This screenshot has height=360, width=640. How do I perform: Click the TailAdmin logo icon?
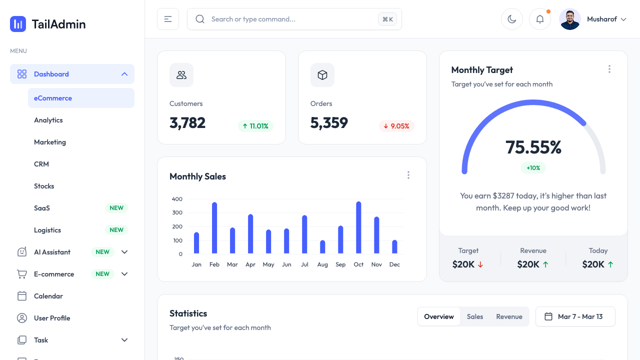tap(18, 24)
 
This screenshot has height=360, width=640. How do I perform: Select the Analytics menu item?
tap(48, 120)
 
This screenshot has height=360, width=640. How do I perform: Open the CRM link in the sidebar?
tap(41, 164)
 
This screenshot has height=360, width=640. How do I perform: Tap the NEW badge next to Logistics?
tap(116, 230)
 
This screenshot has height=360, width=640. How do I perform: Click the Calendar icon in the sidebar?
tap(22, 296)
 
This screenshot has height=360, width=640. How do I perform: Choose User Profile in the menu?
tap(52, 318)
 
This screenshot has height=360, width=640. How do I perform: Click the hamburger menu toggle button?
tap(168, 19)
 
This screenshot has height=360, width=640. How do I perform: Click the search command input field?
tap(290, 19)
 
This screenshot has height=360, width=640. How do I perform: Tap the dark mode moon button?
tap(511, 19)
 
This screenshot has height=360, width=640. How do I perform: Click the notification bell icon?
tap(540, 19)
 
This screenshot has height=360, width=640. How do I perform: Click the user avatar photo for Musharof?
tap(570, 19)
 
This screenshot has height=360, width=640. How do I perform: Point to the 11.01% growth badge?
tap(255, 126)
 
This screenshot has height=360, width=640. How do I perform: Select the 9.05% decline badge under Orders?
tap(396, 126)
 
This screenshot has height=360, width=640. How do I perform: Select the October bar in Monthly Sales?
tap(358, 228)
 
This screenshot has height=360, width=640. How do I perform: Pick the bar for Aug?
tap(322, 247)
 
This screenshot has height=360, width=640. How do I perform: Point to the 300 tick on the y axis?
tap(177, 212)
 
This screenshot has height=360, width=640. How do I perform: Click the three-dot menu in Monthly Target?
tap(609, 69)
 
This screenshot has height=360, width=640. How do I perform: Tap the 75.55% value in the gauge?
tap(533, 147)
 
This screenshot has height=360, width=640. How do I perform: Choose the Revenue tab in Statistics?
tap(509, 316)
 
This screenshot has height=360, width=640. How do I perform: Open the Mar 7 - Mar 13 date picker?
tap(575, 316)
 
